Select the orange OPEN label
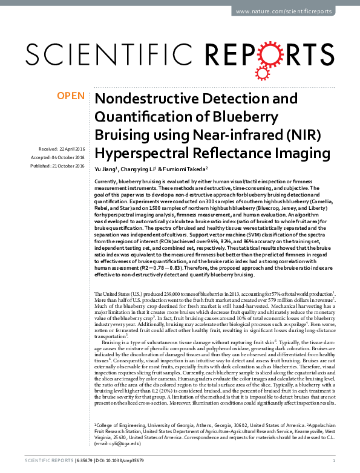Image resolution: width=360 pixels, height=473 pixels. [71, 95]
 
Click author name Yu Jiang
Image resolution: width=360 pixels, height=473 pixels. [106, 169]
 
